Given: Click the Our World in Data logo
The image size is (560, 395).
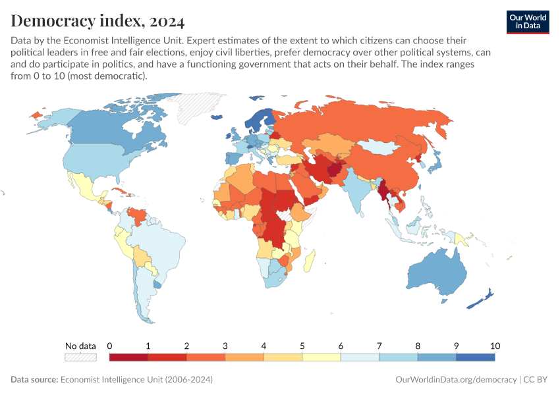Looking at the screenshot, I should click(x=527, y=22).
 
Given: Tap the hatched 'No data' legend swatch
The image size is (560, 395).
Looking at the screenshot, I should click(x=80, y=357).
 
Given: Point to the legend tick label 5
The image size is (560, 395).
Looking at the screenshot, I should click(x=302, y=346).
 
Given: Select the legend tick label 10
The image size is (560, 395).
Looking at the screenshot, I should click(x=495, y=346).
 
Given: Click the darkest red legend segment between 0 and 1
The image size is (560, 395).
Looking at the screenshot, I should click(x=128, y=357).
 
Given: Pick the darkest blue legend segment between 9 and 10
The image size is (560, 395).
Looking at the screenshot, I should click(x=475, y=357).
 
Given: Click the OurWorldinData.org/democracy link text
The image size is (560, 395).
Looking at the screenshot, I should click(x=456, y=380).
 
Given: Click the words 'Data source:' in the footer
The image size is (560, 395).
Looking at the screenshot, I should click(x=34, y=380).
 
